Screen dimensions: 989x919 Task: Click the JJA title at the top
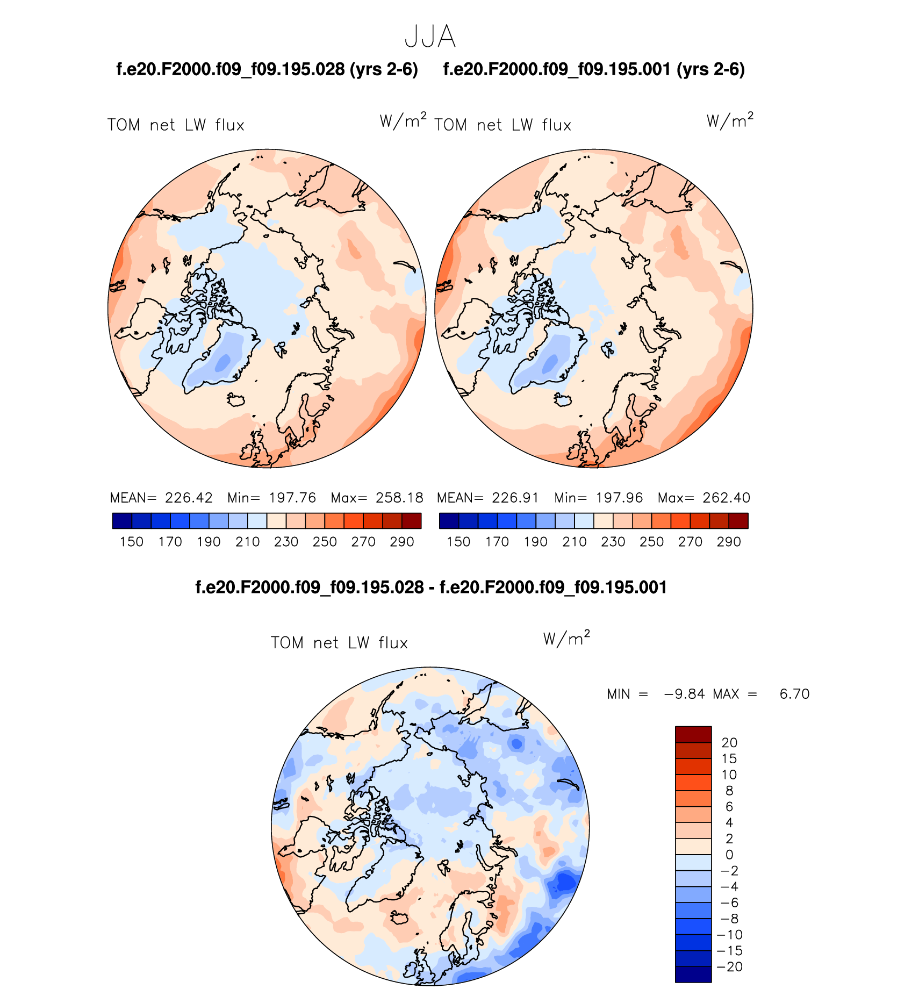(x=430, y=37)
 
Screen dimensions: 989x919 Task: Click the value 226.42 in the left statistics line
(x=189, y=498)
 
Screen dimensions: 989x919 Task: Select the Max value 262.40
(x=726, y=498)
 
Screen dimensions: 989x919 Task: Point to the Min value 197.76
(x=292, y=498)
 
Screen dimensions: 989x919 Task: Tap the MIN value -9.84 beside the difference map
(x=685, y=694)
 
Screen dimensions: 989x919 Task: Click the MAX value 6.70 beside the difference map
(x=794, y=694)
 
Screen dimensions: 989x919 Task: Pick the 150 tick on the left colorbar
(x=132, y=542)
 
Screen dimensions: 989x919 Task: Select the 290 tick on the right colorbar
(x=729, y=542)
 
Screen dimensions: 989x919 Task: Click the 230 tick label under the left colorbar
(x=286, y=542)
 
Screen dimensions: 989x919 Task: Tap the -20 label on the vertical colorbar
(x=730, y=966)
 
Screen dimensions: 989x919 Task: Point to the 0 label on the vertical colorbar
(x=729, y=855)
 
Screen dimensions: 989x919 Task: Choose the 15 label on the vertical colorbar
(x=729, y=758)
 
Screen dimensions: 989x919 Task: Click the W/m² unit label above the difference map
(x=566, y=639)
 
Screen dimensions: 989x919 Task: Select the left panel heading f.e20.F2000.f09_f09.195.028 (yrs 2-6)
(x=267, y=69)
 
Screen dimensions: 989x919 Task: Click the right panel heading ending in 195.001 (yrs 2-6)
(x=594, y=69)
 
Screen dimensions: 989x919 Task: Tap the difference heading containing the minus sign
(x=431, y=587)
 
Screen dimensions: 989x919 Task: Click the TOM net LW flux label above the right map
(x=502, y=125)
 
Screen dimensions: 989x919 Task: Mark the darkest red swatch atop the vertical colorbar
(x=693, y=734)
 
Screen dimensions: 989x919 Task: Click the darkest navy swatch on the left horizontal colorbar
(x=122, y=521)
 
